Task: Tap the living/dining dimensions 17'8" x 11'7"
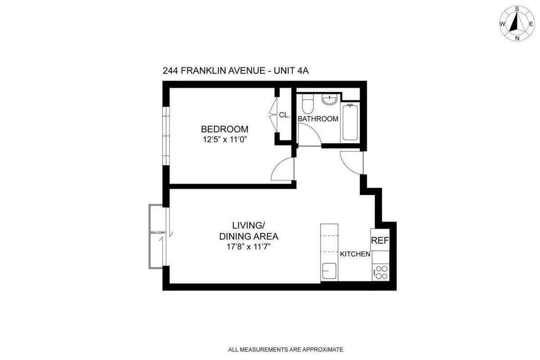click(248, 247)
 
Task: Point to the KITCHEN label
click(355, 254)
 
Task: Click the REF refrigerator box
click(379, 240)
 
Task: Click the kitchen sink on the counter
click(329, 271)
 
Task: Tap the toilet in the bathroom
click(308, 104)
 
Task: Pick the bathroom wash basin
click(329, 99)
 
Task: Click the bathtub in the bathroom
click(351, 122)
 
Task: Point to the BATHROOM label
click(318, 119)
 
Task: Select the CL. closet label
click(284, 115)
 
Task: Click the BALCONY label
click(158, 233)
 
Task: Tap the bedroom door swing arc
click(283, 170)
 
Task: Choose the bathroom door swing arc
click(308, 135)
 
